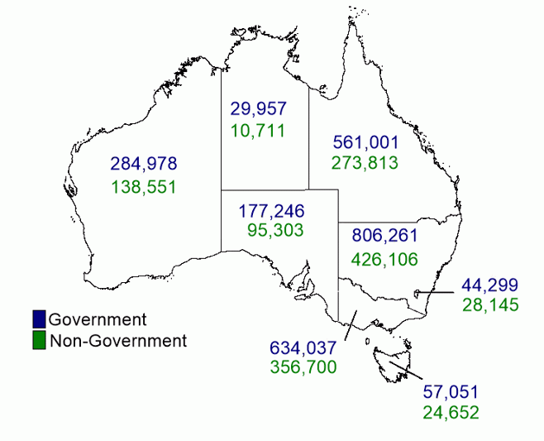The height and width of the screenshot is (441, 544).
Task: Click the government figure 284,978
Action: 143,163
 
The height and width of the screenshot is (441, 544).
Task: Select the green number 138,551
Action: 143,186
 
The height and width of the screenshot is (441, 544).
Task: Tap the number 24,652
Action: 451,410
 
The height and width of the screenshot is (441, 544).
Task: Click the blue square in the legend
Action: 39,319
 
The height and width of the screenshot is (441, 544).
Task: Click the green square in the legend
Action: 39,340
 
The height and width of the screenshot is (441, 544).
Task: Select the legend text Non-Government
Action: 118,340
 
